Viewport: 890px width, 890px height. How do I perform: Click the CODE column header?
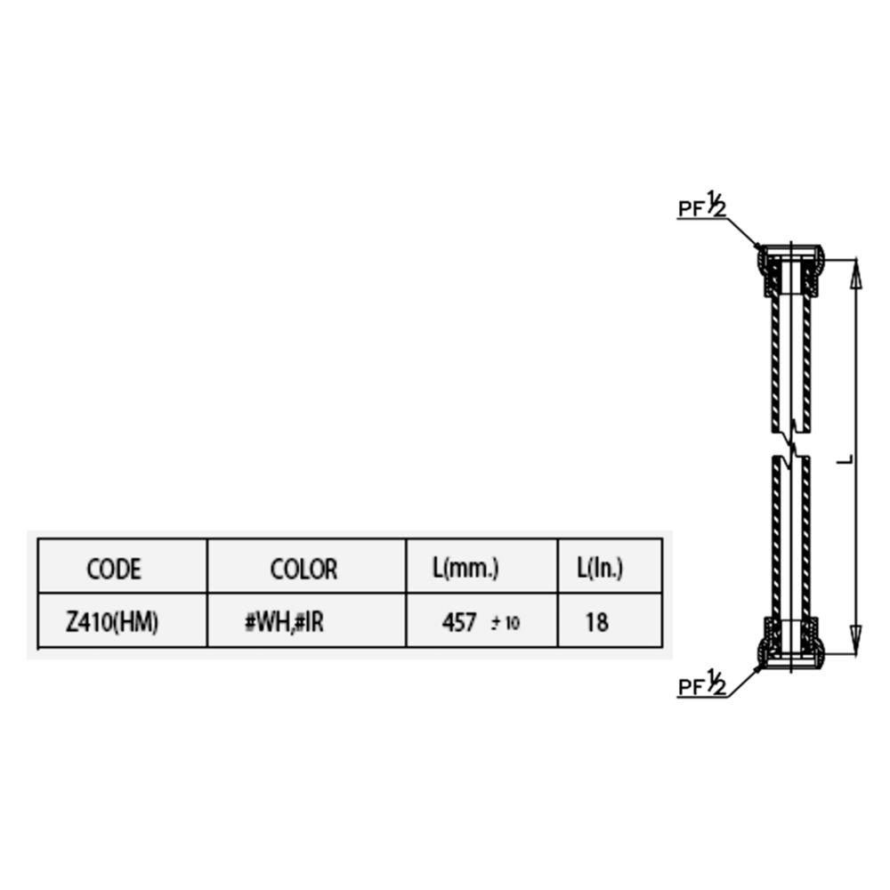[114, 569]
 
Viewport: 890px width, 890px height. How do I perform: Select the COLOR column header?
[303, 569]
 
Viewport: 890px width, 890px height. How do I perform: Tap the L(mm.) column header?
[465, 568]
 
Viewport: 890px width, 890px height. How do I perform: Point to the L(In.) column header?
[600, 568]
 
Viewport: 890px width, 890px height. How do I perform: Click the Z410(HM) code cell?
[112, 623]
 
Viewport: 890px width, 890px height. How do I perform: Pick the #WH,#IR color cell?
[284, 623]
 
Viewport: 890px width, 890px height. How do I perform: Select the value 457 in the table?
[458, 623]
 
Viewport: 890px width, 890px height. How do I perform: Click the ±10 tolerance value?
[506, 623]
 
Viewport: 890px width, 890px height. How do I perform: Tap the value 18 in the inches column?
[596, 623]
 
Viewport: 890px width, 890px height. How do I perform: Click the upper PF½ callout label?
[702, 206]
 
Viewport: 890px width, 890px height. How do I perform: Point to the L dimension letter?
[845, 460]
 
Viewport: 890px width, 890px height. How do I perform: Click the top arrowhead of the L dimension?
[857, 273]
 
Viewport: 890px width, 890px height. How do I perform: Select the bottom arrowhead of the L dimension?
[857, 640]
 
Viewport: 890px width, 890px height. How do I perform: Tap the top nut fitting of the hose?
[789, 271]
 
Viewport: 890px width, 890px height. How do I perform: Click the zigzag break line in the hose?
[790, 444]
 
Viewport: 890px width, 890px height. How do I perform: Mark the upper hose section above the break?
[790, 363]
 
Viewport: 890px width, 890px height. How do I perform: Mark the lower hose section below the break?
[790, 538]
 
